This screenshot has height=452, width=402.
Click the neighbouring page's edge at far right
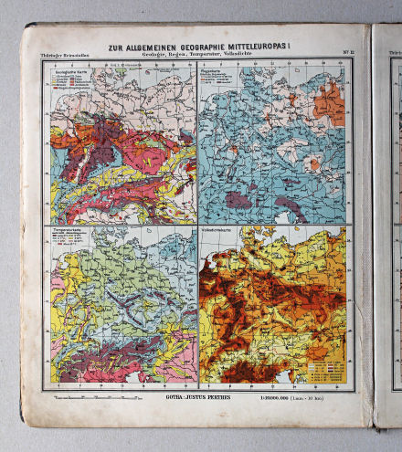(388, 228)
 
